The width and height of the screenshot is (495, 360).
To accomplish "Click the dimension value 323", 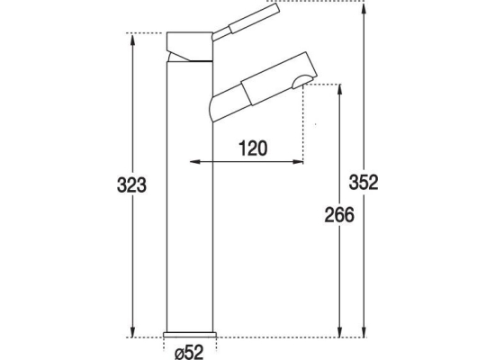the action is (131, 185).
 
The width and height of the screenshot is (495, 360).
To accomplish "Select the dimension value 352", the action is (364, 183).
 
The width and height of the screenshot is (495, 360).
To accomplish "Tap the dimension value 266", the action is (339, 215).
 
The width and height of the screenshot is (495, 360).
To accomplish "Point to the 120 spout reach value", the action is (253, 148).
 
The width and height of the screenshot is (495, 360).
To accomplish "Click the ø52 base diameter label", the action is (189, 352).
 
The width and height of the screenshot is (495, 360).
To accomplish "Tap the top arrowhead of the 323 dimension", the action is (132, 39).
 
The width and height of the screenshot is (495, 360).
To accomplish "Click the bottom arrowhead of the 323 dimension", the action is (132, 331).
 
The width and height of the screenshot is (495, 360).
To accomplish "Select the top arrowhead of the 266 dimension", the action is (339, 90).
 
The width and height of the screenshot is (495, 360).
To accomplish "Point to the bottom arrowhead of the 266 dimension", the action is (339, 331).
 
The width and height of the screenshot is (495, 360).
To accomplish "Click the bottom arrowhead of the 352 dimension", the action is (364, 331).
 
